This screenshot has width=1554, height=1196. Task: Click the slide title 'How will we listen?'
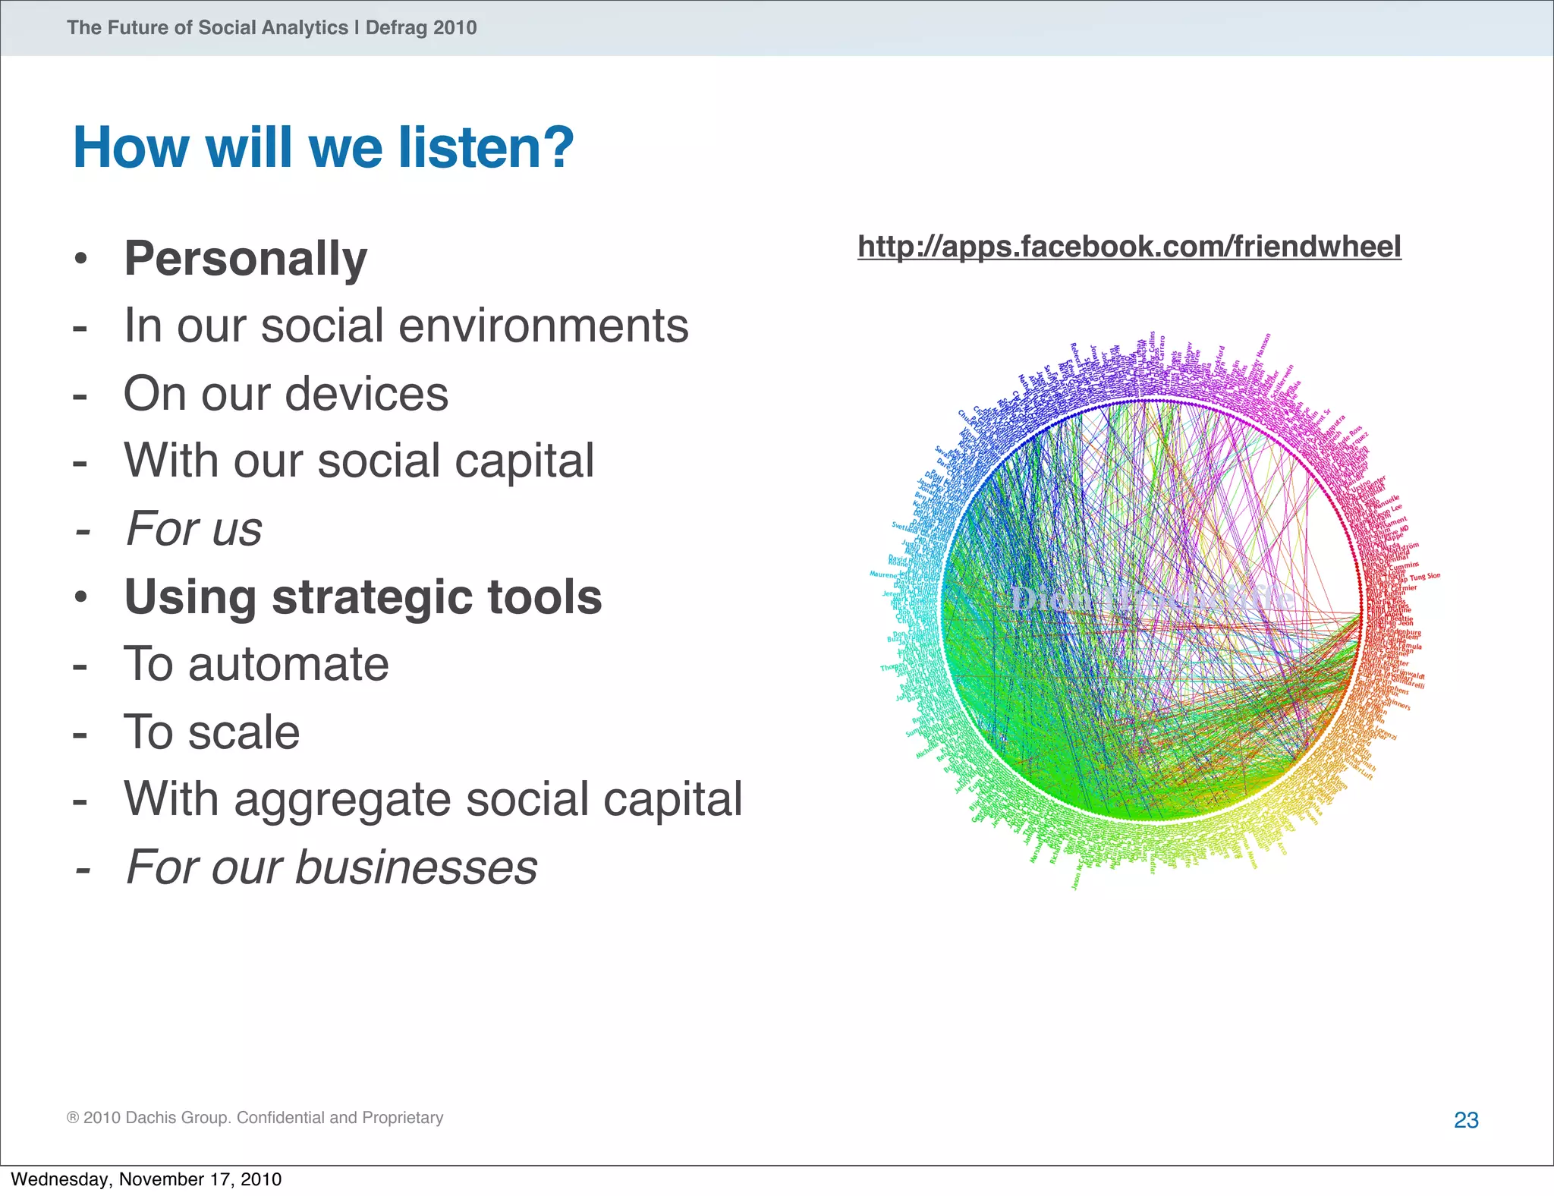click(x=323, y=147)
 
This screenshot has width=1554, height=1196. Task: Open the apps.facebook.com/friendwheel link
click(x=1129, y=247)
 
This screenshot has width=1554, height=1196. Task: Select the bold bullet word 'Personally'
click(x=245, y=259)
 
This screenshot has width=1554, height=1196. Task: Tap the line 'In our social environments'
click(x=406, y=326)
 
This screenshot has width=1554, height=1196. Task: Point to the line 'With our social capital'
click(x=359, y=461)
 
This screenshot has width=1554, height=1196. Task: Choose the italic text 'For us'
click(x=194, y=528)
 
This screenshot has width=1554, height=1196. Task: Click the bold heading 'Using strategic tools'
click(x=363, y=596)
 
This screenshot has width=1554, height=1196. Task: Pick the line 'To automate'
click(x=256, y=664)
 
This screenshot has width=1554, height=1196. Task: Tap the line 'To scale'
click(x=212, y=732)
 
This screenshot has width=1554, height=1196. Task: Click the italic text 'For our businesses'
click(x=332, y=867)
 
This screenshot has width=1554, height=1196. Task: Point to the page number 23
click(x=1466, y=1120)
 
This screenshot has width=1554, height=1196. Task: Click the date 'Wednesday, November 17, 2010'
click(x=146, y=1179)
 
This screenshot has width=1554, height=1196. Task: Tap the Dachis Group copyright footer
click(x=255, y=1118)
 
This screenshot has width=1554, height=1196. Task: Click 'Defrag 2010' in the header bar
click(x=421, y=28)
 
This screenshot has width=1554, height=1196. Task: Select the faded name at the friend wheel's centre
click(x=1150, y=599)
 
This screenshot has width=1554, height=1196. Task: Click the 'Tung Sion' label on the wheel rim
click(x=1424, y=577)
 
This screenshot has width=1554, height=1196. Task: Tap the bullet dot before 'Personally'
click(x=81, y=260)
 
